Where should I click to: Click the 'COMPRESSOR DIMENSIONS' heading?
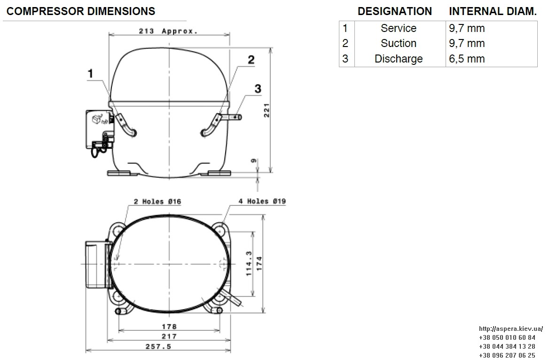pyautogui.click(x=81, y=11)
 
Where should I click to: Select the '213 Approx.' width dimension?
pyautogui.click(x=168, y=31)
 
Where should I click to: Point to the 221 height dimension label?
pyautogui.click(x=267, y=110)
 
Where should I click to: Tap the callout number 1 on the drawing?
pyautogui.click(x=90, y=73)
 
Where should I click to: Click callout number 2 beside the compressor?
pyautogui.click(x=251, y=60)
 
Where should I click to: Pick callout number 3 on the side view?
pyautogui.click(x=258, y=89)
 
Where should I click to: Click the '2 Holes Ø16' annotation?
pyautogui.click(x=157, y=201)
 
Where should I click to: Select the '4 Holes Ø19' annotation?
pyautogui.click(x=262, y=201)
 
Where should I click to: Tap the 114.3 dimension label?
pyautogui.click(x=249, y=263)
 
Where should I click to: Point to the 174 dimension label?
pyautogui.click(x=259, y=263)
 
